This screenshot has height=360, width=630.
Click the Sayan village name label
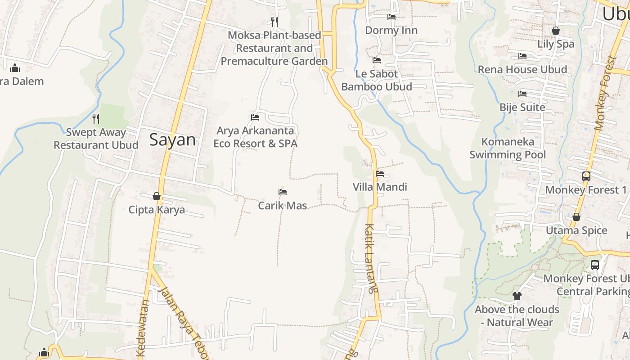tap(172, 140)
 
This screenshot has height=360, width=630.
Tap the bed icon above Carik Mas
tap(283, 192)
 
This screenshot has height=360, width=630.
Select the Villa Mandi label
tap(380, 187)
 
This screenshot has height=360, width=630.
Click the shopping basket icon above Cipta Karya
tap(157, 196)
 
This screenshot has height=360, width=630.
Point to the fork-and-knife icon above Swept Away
tap(96, 118)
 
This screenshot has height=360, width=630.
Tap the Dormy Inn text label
tap(391, 30)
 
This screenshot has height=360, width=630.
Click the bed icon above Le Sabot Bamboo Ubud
tap(377, 60)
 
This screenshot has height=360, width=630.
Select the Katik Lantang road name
tap(370, 259)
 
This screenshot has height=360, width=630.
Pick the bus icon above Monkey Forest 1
tap(586, 176)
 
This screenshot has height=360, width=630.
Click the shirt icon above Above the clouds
tap(517, 296)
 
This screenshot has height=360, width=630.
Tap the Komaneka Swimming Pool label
tap(508, 148)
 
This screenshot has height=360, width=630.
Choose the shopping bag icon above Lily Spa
tap(556, 31)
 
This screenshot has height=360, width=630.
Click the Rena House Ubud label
tap(522, 69)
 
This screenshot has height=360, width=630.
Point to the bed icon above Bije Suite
tap(522, 94)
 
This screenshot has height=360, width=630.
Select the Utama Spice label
tap(576, 230)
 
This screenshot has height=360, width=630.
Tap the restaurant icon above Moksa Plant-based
tap(274, 21)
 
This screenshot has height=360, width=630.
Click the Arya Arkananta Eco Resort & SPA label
tap(255, 137)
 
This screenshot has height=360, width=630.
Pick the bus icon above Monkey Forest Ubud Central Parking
tap(595, 265)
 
